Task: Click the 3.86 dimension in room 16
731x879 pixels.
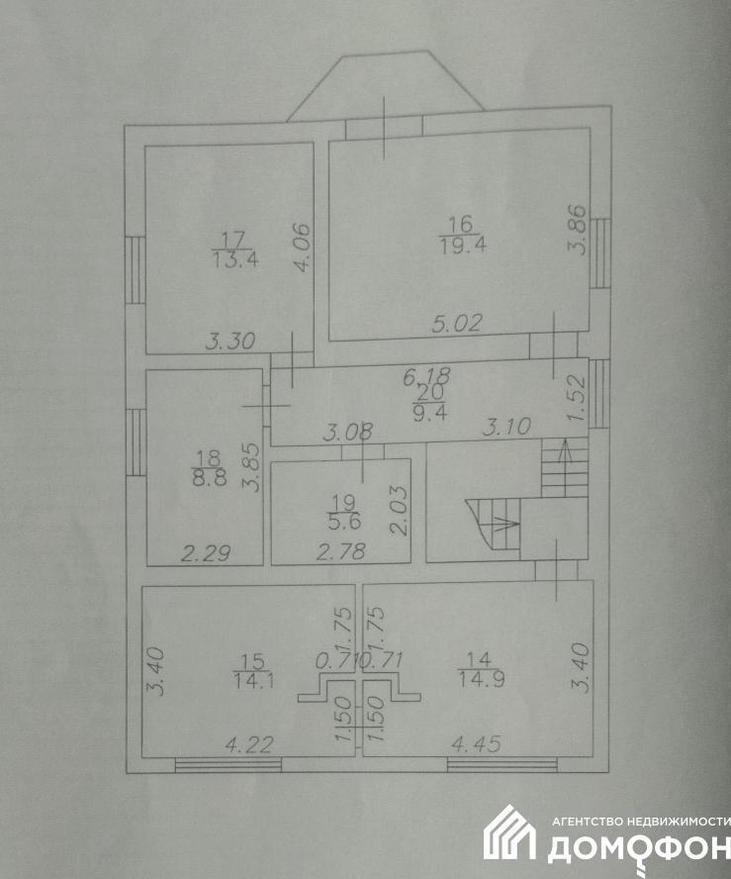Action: pos(579,231)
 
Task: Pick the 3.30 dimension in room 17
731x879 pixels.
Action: pos(230,342)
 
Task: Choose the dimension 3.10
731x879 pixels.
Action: pos(506,428)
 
